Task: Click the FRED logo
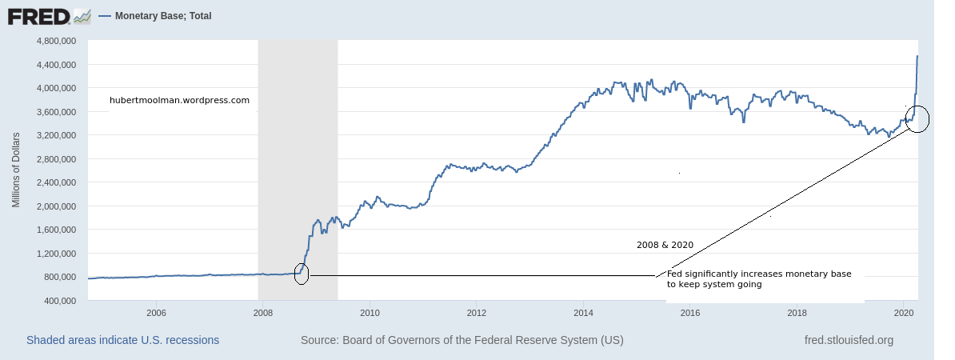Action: point(48,15)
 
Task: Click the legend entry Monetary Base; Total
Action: point(162,16)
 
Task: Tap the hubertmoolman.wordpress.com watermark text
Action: point(179,101)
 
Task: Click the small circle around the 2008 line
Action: point(302,274)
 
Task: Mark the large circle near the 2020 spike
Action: point(917,119)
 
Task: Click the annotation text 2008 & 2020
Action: point(665,245)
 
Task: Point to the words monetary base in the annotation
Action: point(821,274)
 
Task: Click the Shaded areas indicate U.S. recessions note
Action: point(122,340)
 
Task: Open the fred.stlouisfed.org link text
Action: point(849,340)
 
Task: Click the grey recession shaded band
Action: point(298,160)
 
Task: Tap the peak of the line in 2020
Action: point(917,56)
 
